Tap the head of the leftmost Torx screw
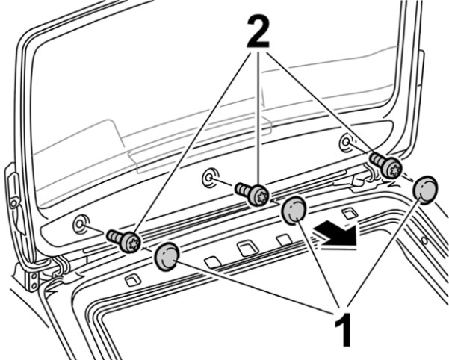click(x=131, y=243)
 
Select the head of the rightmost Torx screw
click(x=391, y=169)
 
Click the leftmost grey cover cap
click(x=167, y=257)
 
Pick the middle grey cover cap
click(x=294, y=210)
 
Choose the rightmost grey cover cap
click(x=425, y=190)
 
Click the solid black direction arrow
click(x=335, y=235)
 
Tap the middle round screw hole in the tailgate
click(x=210, y=178)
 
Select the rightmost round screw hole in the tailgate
click(x=347, y=141)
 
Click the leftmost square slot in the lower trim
click(x=133, y=280)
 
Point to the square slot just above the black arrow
click(x=350, y=213)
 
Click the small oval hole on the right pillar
click(x=424, y=240)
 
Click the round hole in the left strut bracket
click(x=13, y=203)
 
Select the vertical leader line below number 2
click(x=258, y=120)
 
